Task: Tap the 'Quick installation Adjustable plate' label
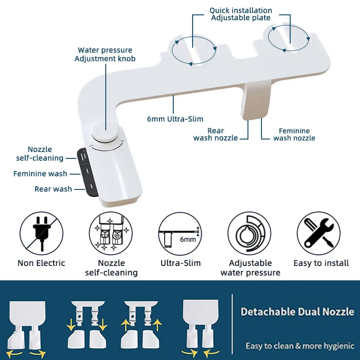pos(241,14)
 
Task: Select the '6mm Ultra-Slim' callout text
pos(175,119)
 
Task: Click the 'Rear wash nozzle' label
pos(216,135)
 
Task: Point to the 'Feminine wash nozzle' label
pos(294,135)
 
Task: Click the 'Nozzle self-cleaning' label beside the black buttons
pos(40,154)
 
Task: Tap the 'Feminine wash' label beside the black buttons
pos(40,174)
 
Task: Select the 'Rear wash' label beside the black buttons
pos(53,189)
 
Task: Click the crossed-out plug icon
pos(41,234)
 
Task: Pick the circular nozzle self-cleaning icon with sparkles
pos(111,234)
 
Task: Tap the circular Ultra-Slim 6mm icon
pos(180,234)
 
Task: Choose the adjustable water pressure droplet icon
pos(249,234)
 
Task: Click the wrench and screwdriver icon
pos(319,234)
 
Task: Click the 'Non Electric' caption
pos(41,263)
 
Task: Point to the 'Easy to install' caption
pos(321,263)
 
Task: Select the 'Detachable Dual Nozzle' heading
pos(297,311)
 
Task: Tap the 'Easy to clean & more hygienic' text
pos(299,346)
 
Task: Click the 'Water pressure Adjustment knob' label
pos(105,54)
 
